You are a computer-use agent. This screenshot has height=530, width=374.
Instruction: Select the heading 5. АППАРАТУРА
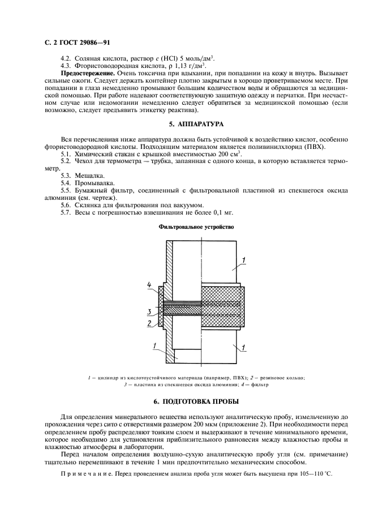coord(187,123)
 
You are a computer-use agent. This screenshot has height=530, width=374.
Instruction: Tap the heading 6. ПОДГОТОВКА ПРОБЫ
coord(187,401)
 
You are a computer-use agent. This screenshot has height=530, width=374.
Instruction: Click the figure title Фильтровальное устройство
coord(187,226)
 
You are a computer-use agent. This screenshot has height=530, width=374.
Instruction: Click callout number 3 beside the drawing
coord(149,312)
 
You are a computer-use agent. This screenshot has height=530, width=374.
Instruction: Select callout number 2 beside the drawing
coord(149,323)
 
